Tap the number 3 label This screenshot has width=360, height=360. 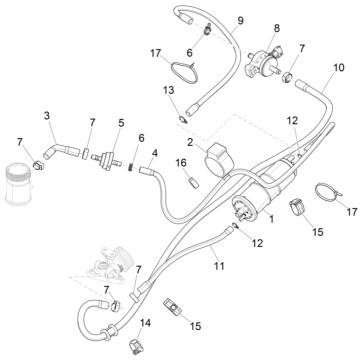point(47,116)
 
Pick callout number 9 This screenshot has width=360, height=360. point(240,20)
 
